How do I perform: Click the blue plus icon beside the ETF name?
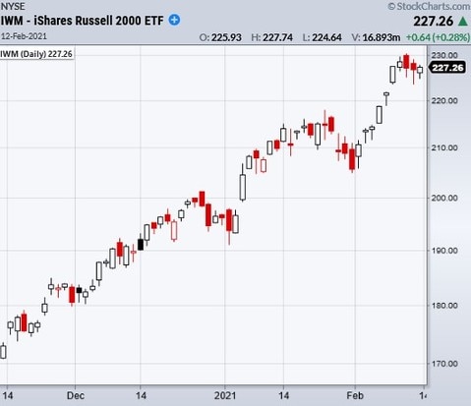pyautogui.click(x=174, y=20)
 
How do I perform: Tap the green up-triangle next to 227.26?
pyautogui.click(x=462, y=22)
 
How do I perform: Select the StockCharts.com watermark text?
pyautogui.click(x=429, y=6)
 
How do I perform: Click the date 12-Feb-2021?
pyautogui.click(x=24, y=36)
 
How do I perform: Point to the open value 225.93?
pyautogui.click(x=226, y=37)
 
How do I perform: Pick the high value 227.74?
pyautogui.click(x=277, y=37)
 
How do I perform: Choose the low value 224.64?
pyautogui.click(x=326, y=37)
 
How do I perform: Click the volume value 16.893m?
pyautogui.click(x=382, y=37)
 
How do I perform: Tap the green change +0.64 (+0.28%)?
pyautogui.click(x=438, y=37)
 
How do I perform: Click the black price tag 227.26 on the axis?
pyautogui.click(x=447, y=68)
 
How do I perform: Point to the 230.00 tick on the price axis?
pyautogui.click(x=444, y=55)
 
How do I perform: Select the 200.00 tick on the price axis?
pyautogui.click(x=444, y=198)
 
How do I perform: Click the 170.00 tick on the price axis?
pyautogui.click(x=444, y=364)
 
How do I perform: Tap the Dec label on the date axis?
pyautogui.click(x=76, y=395)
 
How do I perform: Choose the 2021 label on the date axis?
pyautogui.click(x=225, y=395)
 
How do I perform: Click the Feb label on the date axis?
pyautogui.click(x=355, y=395)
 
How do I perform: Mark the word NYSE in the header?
pyautogui.click(x=13, y=6)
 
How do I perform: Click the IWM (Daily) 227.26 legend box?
pyautogui.click(x=36, y=54)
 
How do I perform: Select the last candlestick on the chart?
pyautogui.click(x=420, y=71)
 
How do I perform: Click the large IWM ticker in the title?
pyautogui.click(x=12, y=21)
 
